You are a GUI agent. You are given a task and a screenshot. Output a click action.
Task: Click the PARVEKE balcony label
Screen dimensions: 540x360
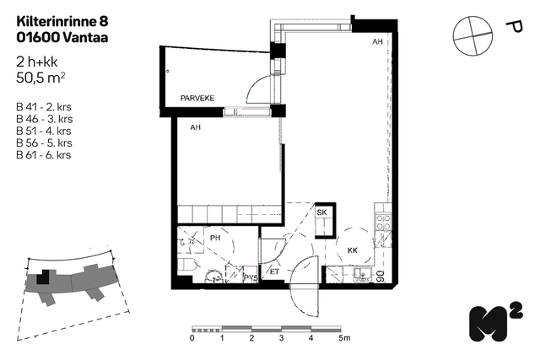[197, 98]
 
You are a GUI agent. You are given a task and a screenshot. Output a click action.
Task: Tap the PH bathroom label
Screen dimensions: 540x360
[215, 238]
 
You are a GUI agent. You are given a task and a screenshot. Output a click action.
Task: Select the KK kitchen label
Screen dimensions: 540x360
[353, 250]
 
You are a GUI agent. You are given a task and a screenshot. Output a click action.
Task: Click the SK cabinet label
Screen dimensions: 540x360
[322, 212]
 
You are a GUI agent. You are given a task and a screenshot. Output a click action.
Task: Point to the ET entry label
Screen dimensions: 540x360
[274, 271]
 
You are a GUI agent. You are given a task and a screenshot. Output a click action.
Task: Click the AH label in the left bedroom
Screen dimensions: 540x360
[195, 127]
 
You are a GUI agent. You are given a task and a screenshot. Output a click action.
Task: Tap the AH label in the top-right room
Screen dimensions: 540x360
[377, 41]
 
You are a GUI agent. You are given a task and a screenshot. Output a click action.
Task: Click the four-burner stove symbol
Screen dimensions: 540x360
[383, 222]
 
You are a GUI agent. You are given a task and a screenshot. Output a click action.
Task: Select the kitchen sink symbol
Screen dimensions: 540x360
[362, 274]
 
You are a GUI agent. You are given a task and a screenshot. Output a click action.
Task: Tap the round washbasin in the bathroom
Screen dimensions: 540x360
[213, 277]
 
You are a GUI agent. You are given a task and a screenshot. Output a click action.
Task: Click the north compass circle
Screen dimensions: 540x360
[472, 35]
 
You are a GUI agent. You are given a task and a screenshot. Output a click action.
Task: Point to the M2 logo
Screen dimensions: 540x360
[496, 322]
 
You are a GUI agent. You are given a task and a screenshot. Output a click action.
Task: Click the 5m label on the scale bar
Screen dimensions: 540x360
[344, 338]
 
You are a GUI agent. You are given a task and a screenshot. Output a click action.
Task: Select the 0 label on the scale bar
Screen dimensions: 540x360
[192, 338]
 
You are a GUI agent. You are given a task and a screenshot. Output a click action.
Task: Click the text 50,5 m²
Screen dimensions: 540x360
[40, 78]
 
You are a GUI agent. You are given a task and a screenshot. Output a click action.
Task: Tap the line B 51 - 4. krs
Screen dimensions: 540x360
[44, 131]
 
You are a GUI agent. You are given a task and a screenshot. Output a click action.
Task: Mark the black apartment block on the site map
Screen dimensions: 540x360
[43, 277]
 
